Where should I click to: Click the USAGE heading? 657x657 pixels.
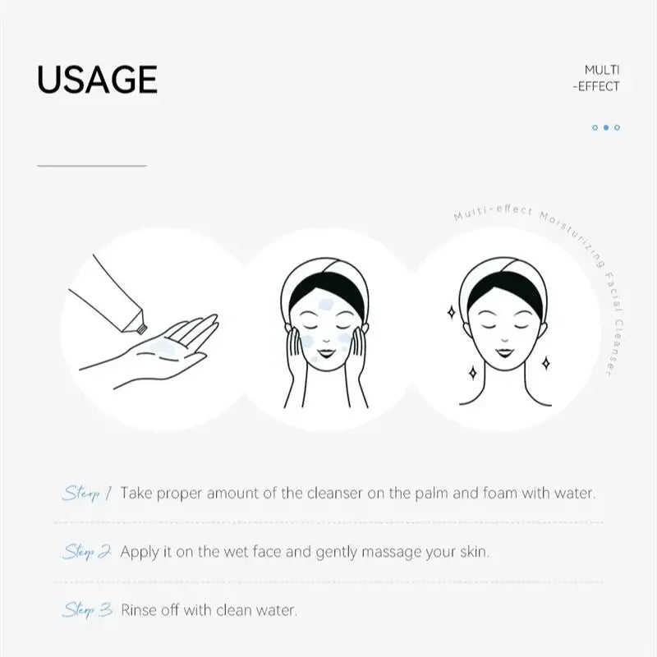(97, 79)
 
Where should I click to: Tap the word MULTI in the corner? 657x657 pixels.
(602, 70)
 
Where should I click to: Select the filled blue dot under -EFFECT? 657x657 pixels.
(606, 127)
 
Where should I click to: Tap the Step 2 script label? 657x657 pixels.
(86, 551)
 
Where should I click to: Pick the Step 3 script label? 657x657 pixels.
(86, 609)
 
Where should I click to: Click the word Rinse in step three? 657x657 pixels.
(140, 610)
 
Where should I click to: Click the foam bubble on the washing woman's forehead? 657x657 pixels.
(324, 306)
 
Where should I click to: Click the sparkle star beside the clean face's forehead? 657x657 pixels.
(450, 312)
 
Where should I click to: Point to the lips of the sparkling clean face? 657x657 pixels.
(501, 356)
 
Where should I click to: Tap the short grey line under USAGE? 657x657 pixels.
(91, 166)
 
